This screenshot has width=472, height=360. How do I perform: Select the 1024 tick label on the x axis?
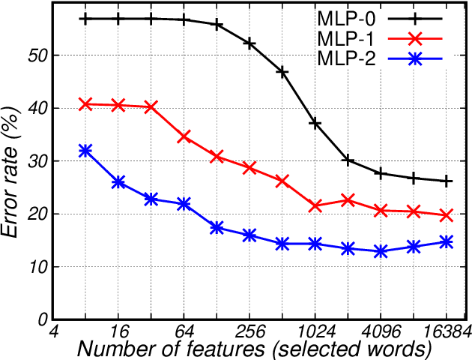(x=315, y=331)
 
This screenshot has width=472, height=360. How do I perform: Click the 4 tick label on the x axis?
(x=54, y=331)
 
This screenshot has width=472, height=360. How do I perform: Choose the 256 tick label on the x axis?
(x=249, y=331)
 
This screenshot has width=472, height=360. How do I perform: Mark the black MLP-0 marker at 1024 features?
(x=315, y=123)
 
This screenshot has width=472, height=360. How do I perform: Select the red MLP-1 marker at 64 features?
(x=184, y=136)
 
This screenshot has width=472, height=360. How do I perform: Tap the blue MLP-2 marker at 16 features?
(x=118, y=182)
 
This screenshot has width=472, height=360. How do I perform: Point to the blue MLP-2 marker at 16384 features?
(x=447, y=241)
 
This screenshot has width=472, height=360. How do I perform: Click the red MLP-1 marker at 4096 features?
(x=381, y=211)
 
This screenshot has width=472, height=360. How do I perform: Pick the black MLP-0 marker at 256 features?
(x=249, y=43)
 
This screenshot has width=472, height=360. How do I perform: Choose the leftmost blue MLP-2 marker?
(x=85, y=151)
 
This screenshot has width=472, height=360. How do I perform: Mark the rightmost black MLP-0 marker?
(x=447, y=181)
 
